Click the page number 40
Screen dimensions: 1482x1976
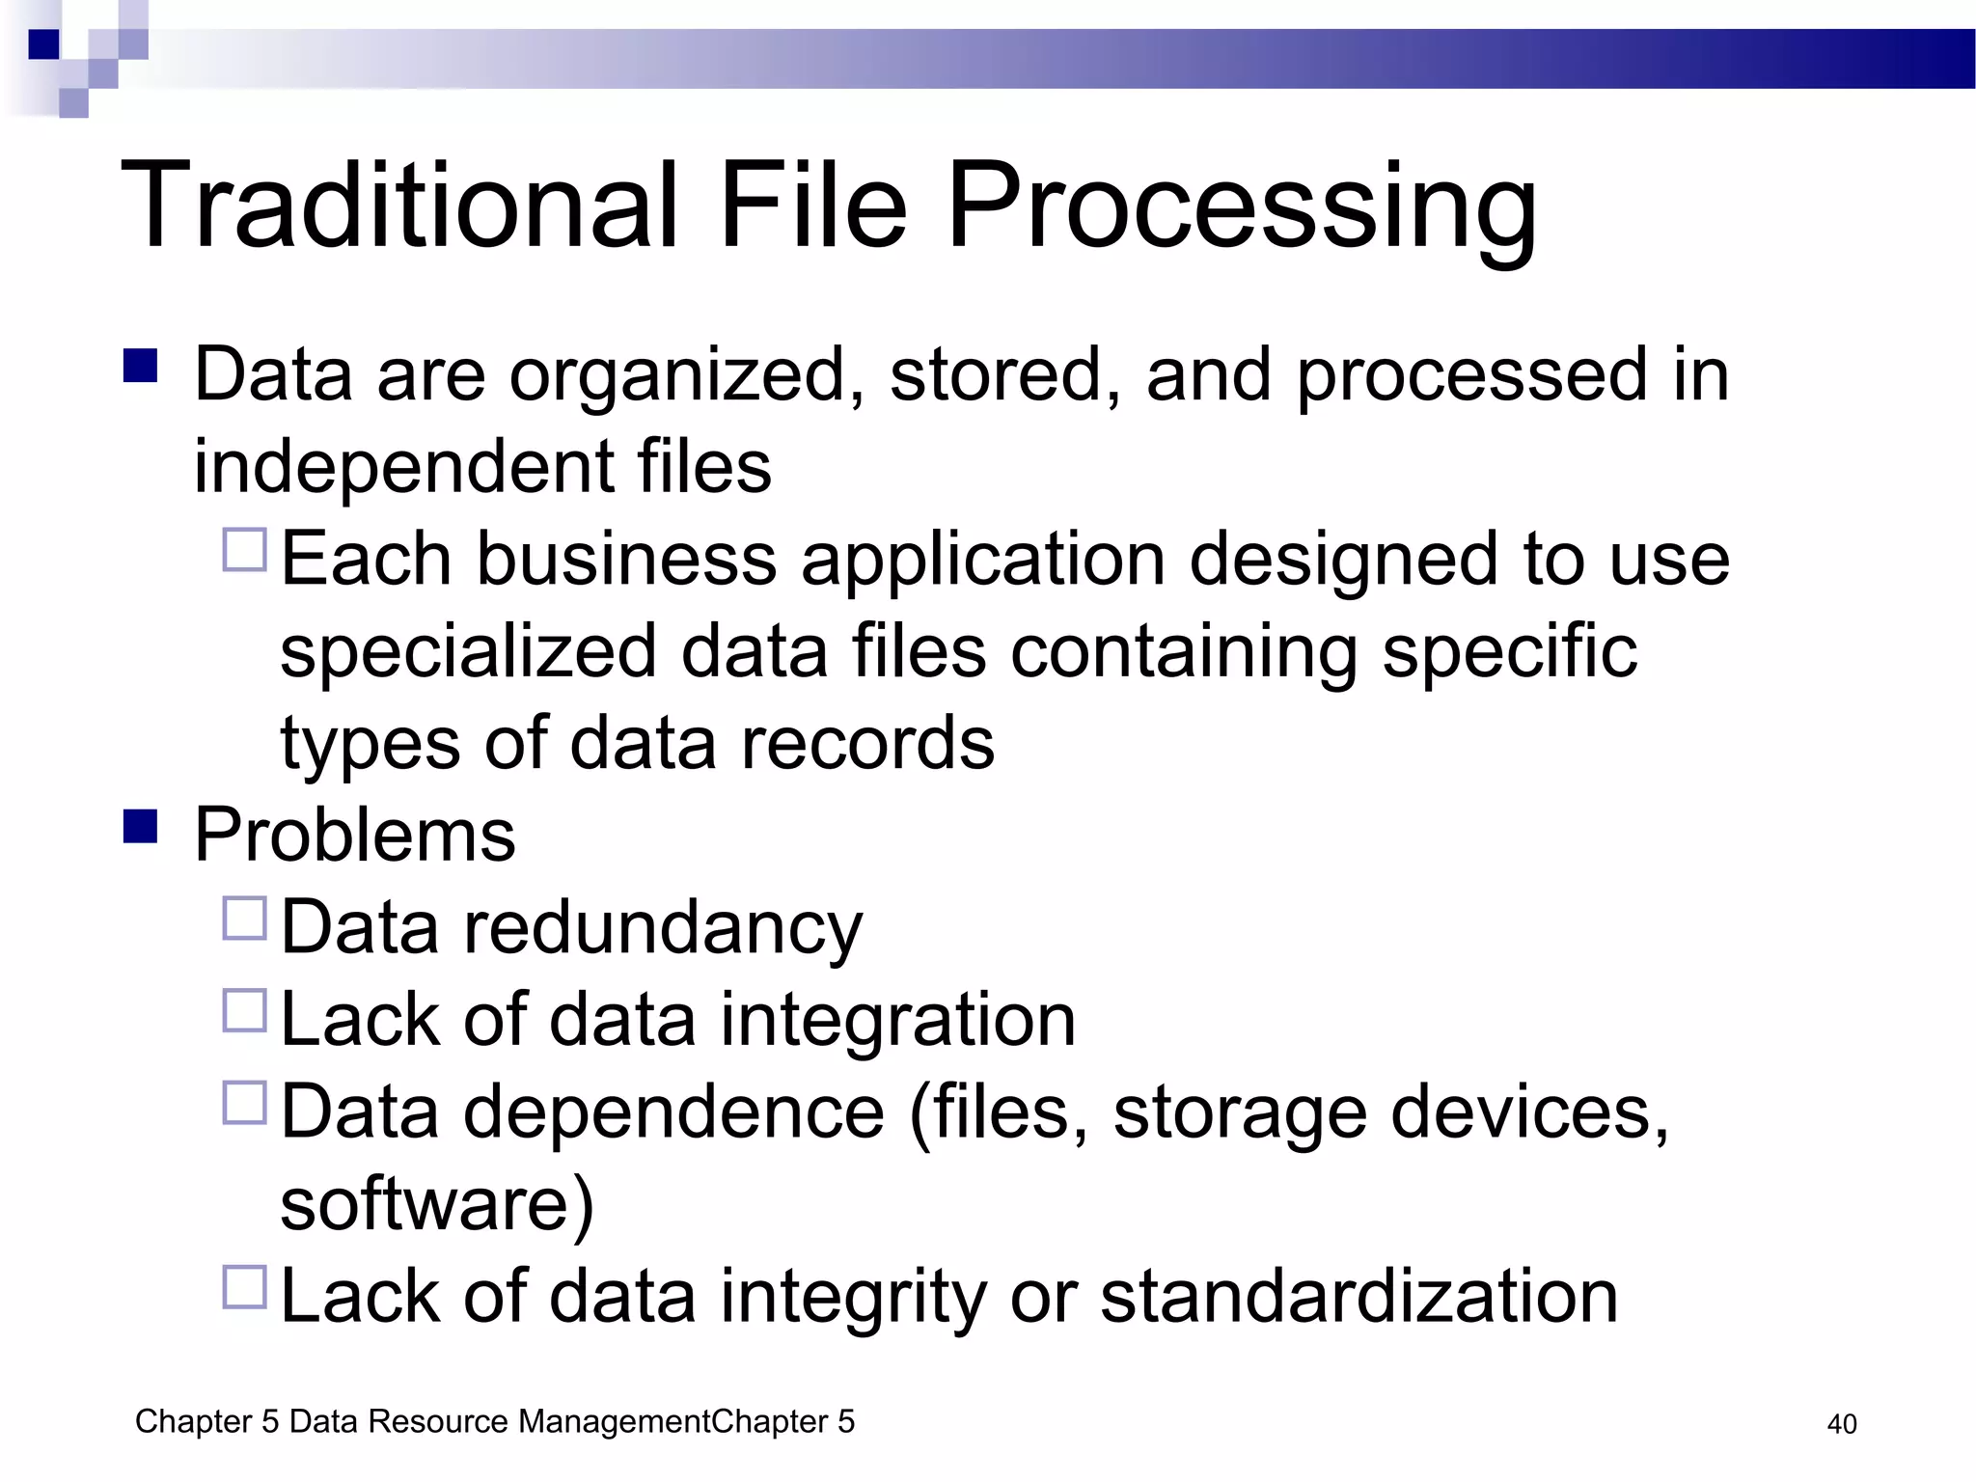(x=1842, y=1424)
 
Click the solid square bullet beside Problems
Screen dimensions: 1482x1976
(x=141, y=826)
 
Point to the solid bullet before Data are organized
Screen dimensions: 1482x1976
(x=141, y=366)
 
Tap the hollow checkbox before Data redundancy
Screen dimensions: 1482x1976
(x=244, y=919)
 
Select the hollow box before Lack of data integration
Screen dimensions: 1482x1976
(x=244, y=1010)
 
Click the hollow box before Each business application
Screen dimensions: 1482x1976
(x=244, y=550)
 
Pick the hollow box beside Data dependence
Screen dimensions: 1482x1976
(x=244, y=1103)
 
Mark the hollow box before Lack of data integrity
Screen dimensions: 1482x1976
(x=244, y=1287)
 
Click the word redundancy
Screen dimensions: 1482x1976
(x=663, y=928)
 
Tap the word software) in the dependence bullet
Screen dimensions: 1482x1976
(x=437, y=1204)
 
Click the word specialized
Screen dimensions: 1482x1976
(x=469, y=652)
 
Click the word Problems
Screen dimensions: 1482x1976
(x=355, y=836)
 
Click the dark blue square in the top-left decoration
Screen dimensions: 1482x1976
(x=44, y=44)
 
